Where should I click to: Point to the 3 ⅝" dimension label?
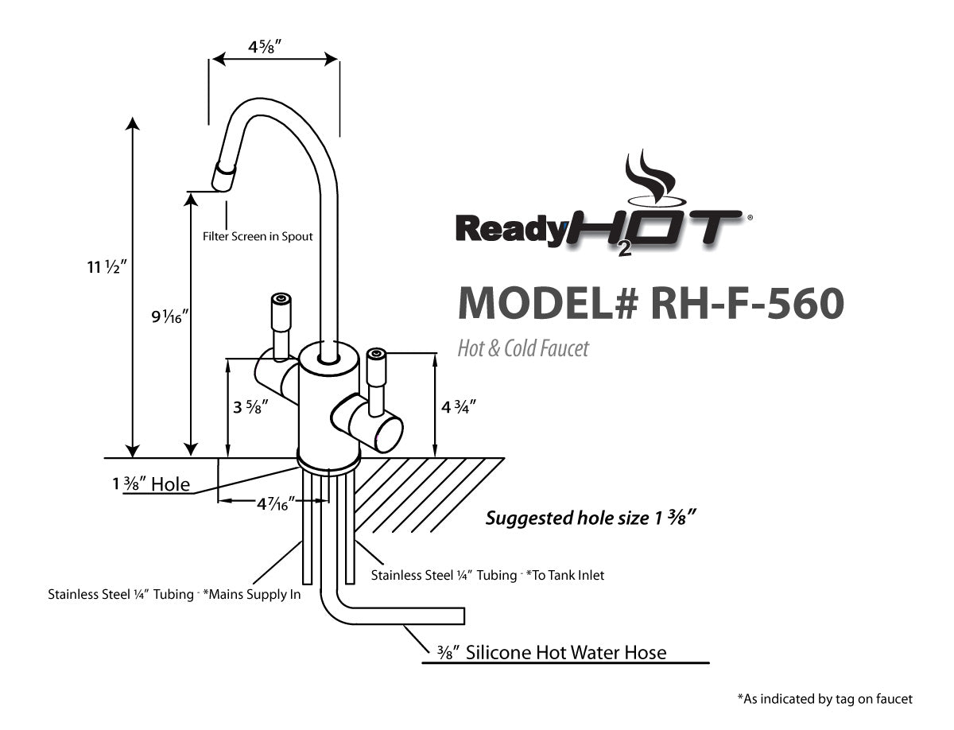pos(250,407)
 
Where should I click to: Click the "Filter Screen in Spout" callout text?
pos(258,236)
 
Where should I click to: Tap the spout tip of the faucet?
pos(223,177)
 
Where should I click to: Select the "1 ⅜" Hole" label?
pos(151,483)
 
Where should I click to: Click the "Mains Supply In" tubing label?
pos(174,594)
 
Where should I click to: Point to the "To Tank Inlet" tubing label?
pos(487,574)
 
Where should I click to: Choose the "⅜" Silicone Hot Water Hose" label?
pos(552,653)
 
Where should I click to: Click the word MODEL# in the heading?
pos(549,303)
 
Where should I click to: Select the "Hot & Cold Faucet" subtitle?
pos(523,348)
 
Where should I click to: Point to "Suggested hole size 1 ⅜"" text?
pos(591,519)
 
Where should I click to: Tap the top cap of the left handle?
pos(280,299)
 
